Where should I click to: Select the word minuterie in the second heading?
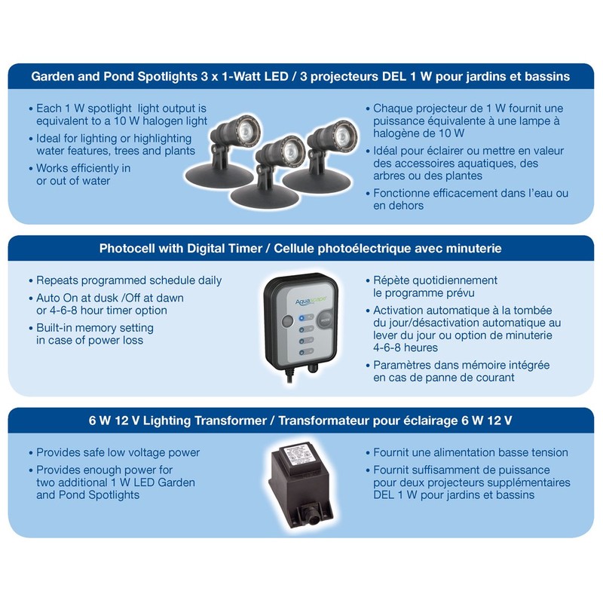(476, 248)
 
